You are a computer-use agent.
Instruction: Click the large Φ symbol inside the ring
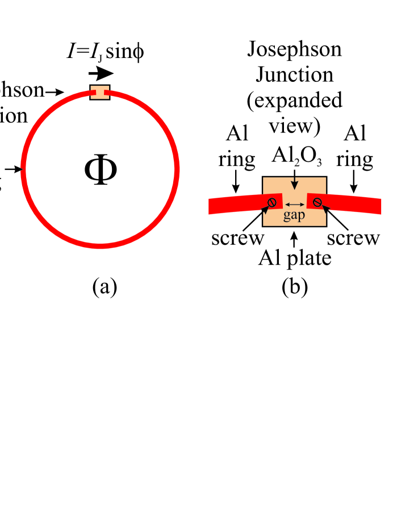[101, 169]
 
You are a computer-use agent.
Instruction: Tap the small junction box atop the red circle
[100, 93]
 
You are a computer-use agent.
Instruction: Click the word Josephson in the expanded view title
[294, 49]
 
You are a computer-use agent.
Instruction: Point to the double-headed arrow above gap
[294, 204]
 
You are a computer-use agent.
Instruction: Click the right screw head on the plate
[317, 202]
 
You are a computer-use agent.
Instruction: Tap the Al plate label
[295, 258]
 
